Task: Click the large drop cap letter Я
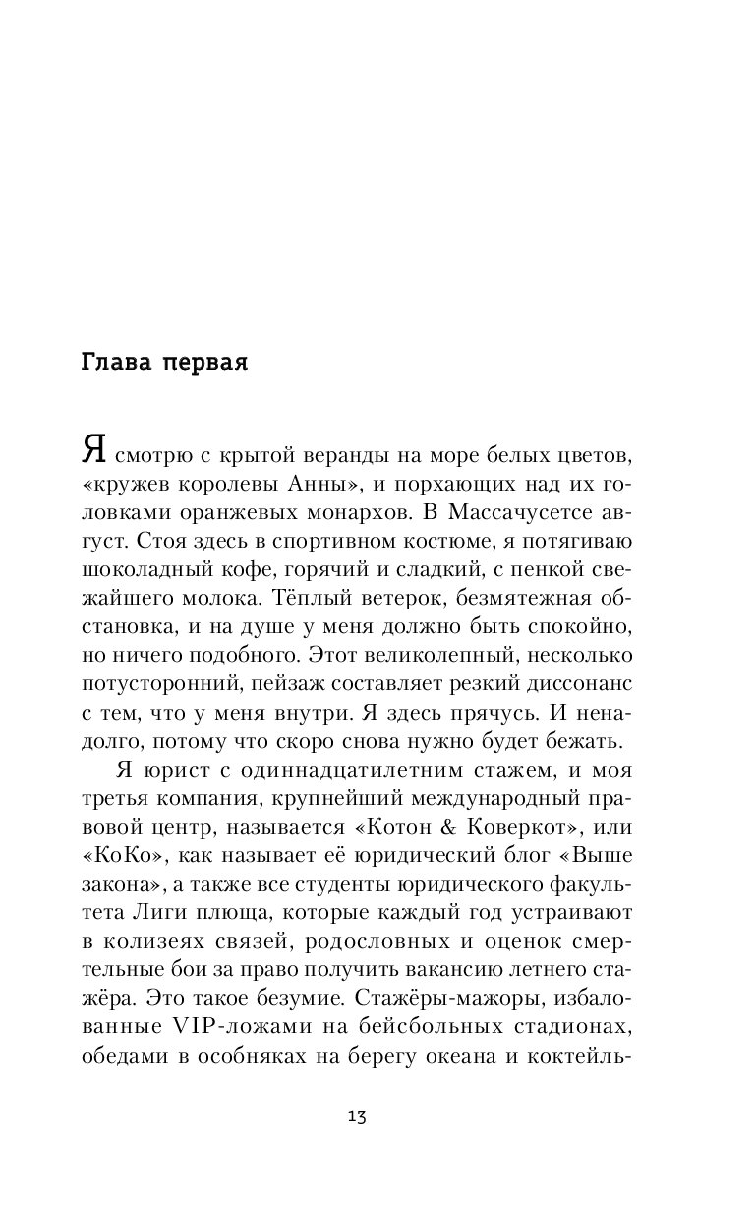click(94, 453)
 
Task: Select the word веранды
click(339, 457)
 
